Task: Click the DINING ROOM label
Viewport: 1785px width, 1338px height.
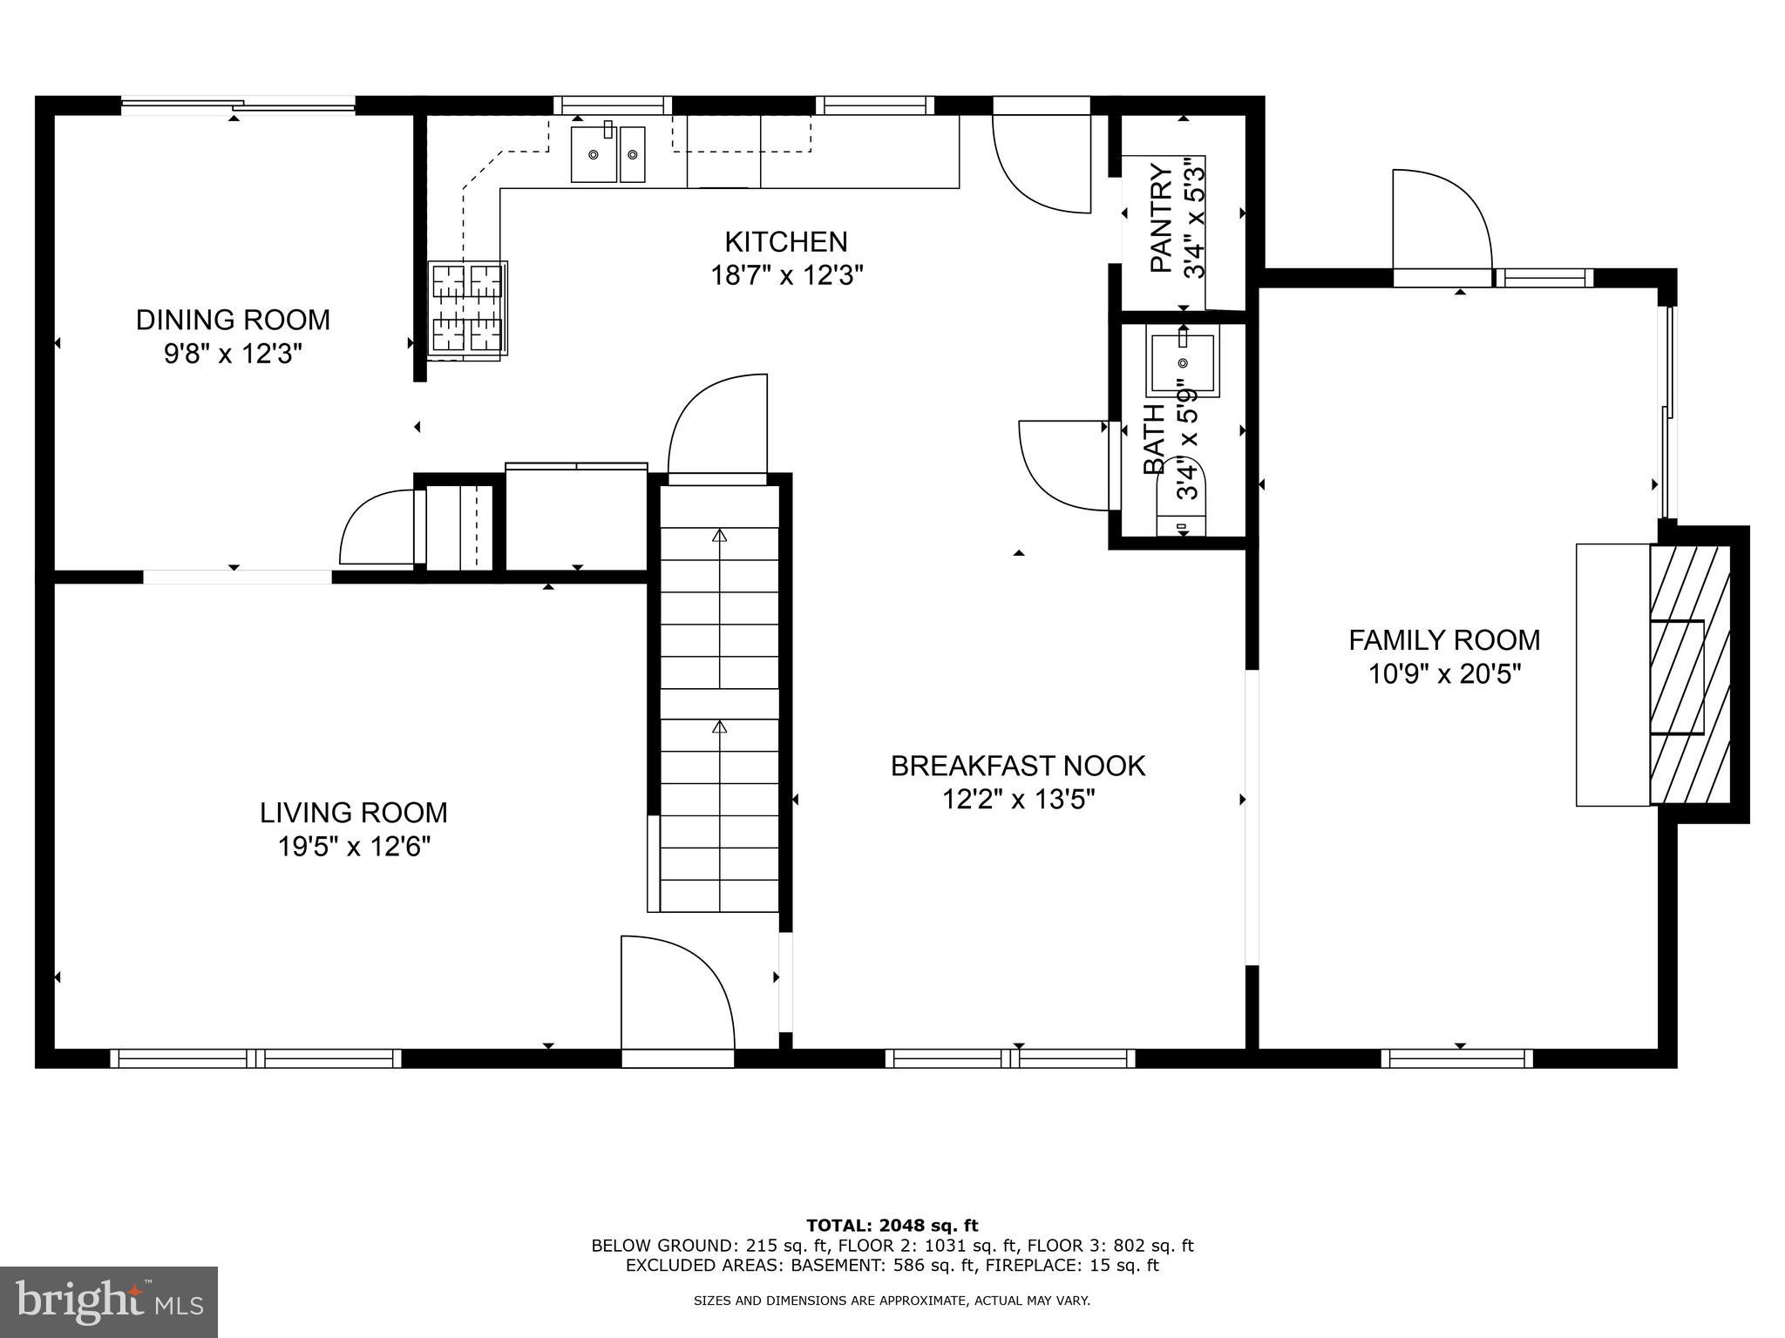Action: click(233, 320)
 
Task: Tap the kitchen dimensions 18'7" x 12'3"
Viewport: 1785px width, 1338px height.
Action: click(786, 276)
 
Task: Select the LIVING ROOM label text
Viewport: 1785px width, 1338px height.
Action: click(353, 813)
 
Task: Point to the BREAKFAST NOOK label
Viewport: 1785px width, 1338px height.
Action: click(1017, 766)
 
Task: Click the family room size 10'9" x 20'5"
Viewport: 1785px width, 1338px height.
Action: click(1444, 674)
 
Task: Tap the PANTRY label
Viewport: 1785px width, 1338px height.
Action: click(1161, 218)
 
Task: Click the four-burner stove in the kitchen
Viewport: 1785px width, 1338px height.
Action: click(469, 308)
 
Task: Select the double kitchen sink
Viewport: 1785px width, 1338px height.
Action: click(607, 154)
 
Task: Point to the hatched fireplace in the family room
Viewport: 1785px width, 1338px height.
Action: click(1689, 674)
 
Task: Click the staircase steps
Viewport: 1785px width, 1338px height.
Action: click(719, 697)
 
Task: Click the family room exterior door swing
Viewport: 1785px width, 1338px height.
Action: click(1438, 222)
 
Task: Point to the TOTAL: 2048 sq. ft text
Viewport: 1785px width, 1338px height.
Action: click(892, 1226)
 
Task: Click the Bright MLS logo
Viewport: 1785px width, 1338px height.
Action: click(109, 1301)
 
